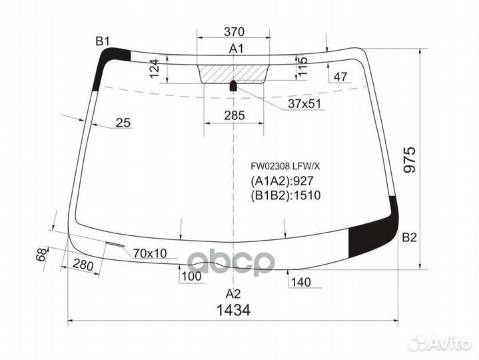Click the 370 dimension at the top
click(234, 32)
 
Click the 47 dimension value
click(340, 77)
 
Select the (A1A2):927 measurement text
click(282, 181)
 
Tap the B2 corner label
click(409, 237)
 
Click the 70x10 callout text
click(151, 253)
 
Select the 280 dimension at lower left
click(83, 265)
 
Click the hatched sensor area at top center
click(233, 73)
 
